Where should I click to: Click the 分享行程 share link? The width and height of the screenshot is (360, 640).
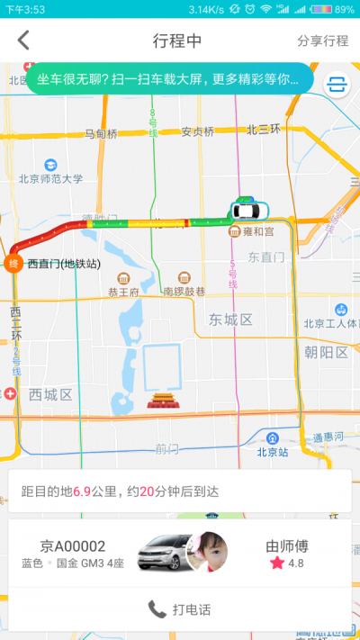(322, 41)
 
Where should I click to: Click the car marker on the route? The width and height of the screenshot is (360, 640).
(247, 211)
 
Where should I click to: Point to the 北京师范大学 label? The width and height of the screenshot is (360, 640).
(50, 178)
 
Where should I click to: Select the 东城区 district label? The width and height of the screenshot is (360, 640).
(231, 320)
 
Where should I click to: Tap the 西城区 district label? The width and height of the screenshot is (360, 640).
(49, 394)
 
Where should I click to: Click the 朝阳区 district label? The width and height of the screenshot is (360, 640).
(326, 352)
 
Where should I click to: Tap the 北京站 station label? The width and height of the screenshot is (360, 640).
(272, 452)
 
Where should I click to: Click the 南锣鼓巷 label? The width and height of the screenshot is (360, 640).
(184, 292)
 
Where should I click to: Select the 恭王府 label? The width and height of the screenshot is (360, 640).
(123, 292)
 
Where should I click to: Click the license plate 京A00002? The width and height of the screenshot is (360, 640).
(73, 545)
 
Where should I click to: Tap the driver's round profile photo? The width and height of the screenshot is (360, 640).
(205, 551)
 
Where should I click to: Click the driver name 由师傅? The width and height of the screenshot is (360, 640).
(288, 545)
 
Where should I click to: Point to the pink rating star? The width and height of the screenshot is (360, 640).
(276, 563)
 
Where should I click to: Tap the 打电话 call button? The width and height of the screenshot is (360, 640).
(180, 609)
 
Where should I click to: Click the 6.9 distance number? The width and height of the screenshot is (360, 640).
(82, 491)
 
